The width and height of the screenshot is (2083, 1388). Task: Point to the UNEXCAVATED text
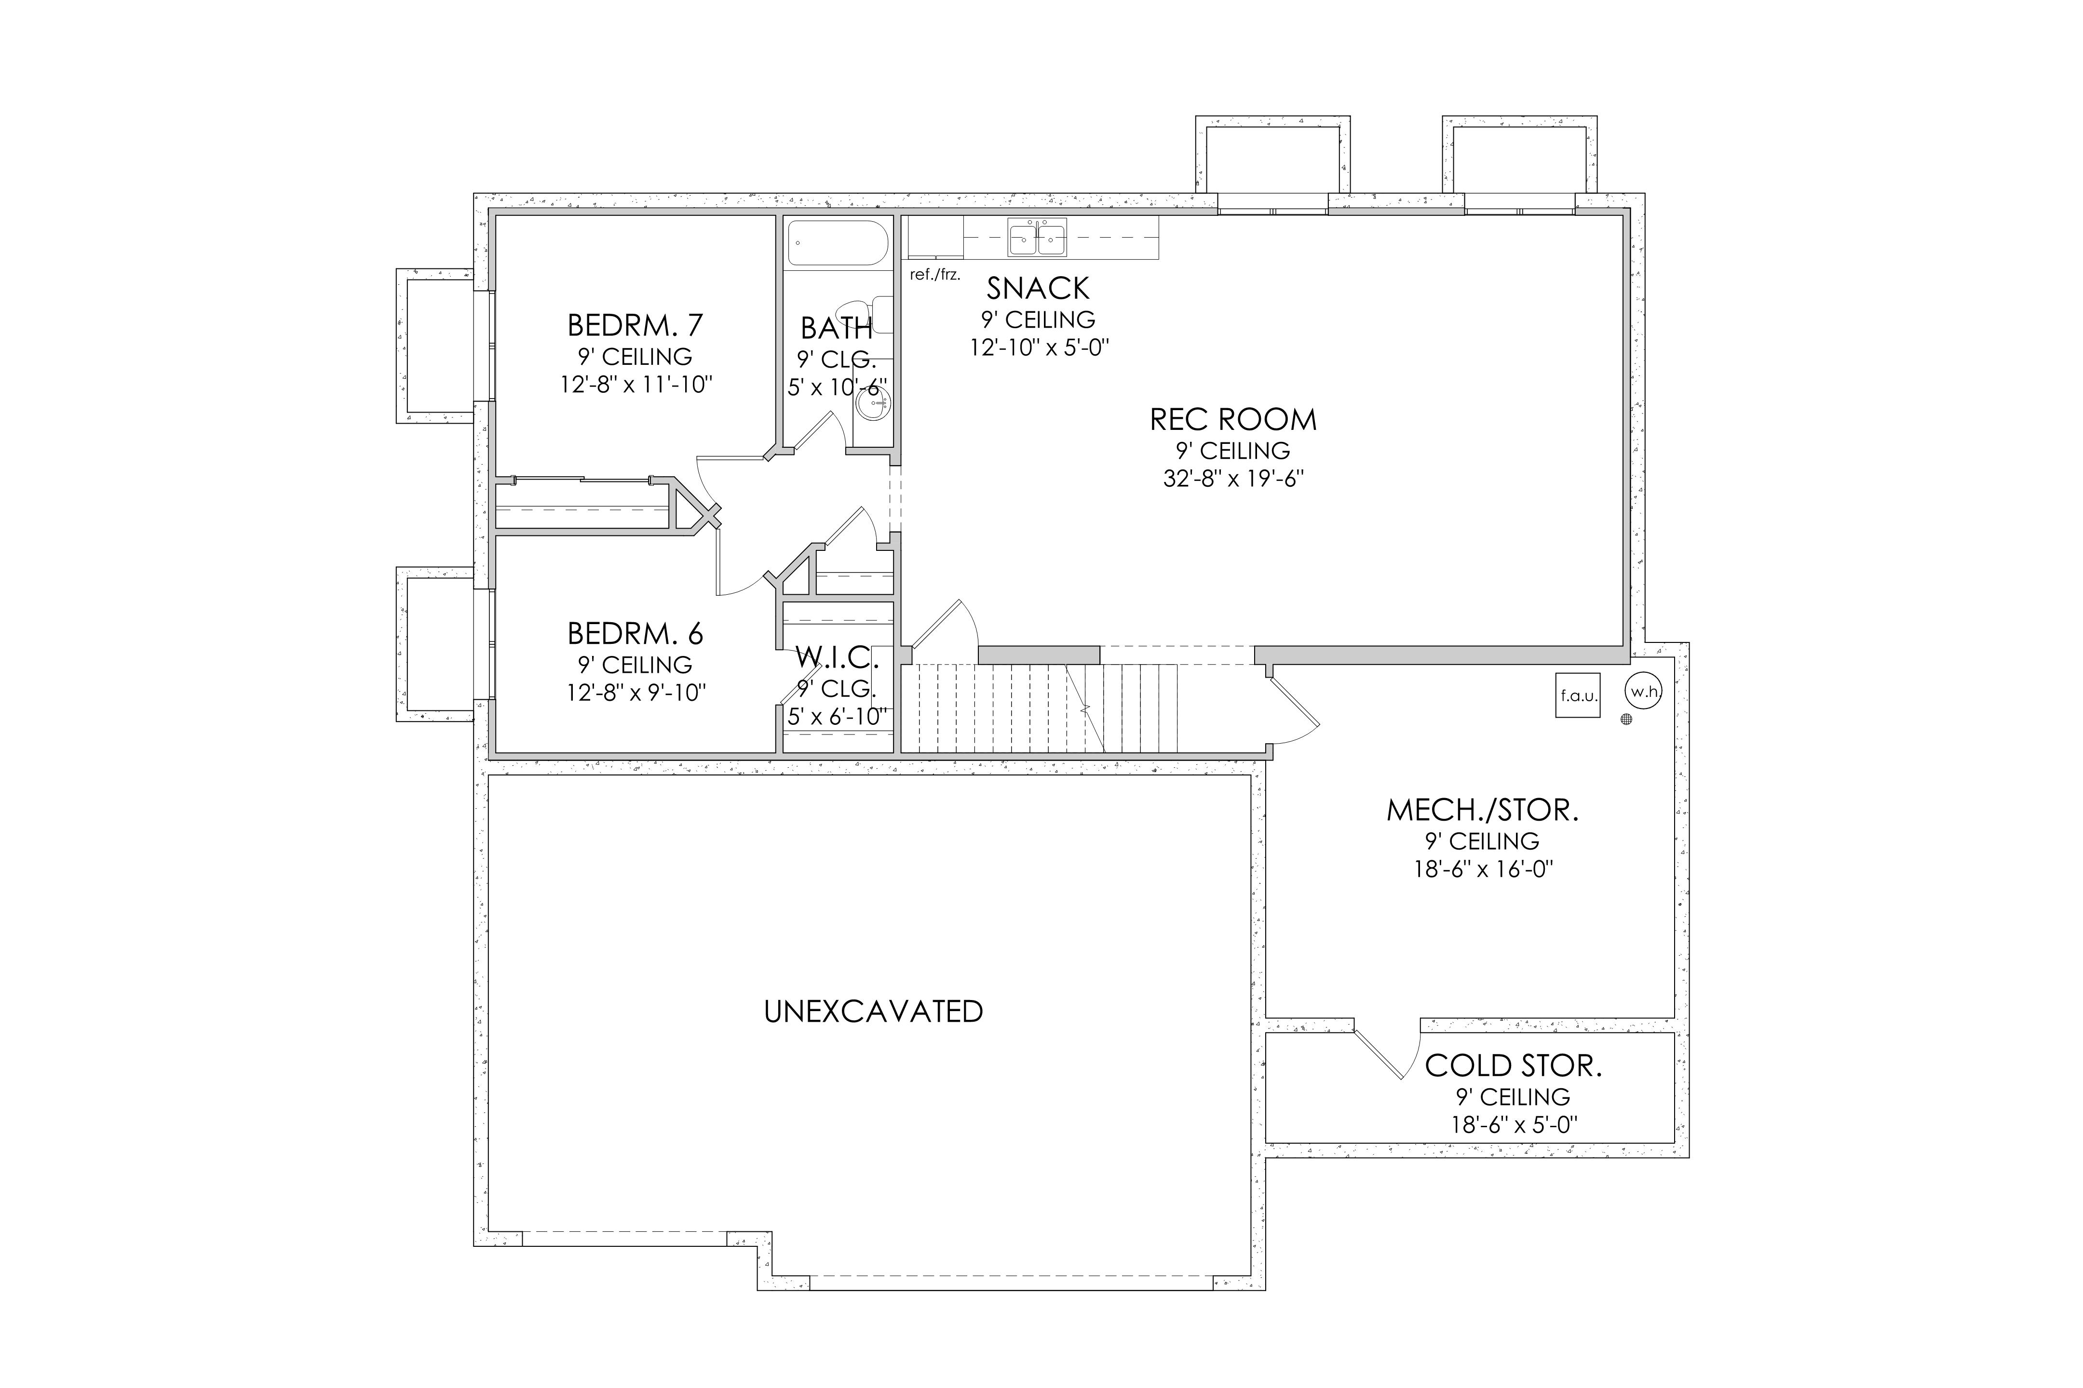point(873,1012)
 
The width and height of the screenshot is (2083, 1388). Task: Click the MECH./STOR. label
point(1483,810)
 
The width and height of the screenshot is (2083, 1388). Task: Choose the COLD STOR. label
point(1514,1066)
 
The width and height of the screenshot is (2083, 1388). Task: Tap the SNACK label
point(1038,289)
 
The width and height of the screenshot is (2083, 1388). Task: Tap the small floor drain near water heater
point(1626,720)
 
